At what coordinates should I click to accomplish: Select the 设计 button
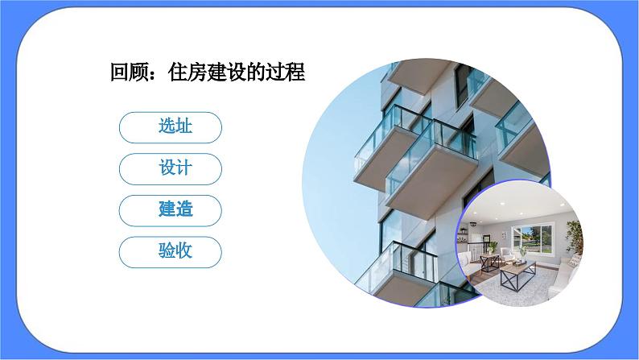tap(169, 168)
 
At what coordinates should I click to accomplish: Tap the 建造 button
tap(169, 210)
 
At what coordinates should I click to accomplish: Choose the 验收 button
tap(169, 251)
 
